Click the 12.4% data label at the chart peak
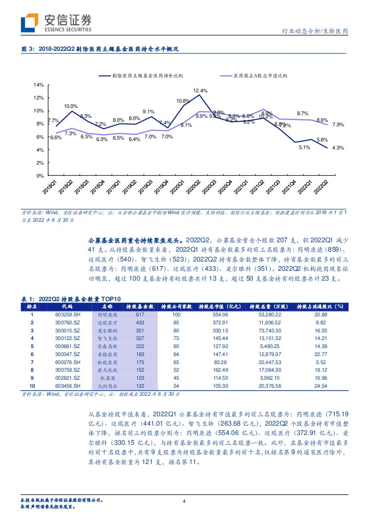pos(200,91)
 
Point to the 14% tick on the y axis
pos(38,85)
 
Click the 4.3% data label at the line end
pos(338,147)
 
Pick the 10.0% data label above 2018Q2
pos(70,106)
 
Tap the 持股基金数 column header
pos(140,307)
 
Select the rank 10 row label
pos(32,385)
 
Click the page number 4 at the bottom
pos(184,501)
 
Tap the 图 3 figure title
pos(100,50)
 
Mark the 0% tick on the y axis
pos(40,176)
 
